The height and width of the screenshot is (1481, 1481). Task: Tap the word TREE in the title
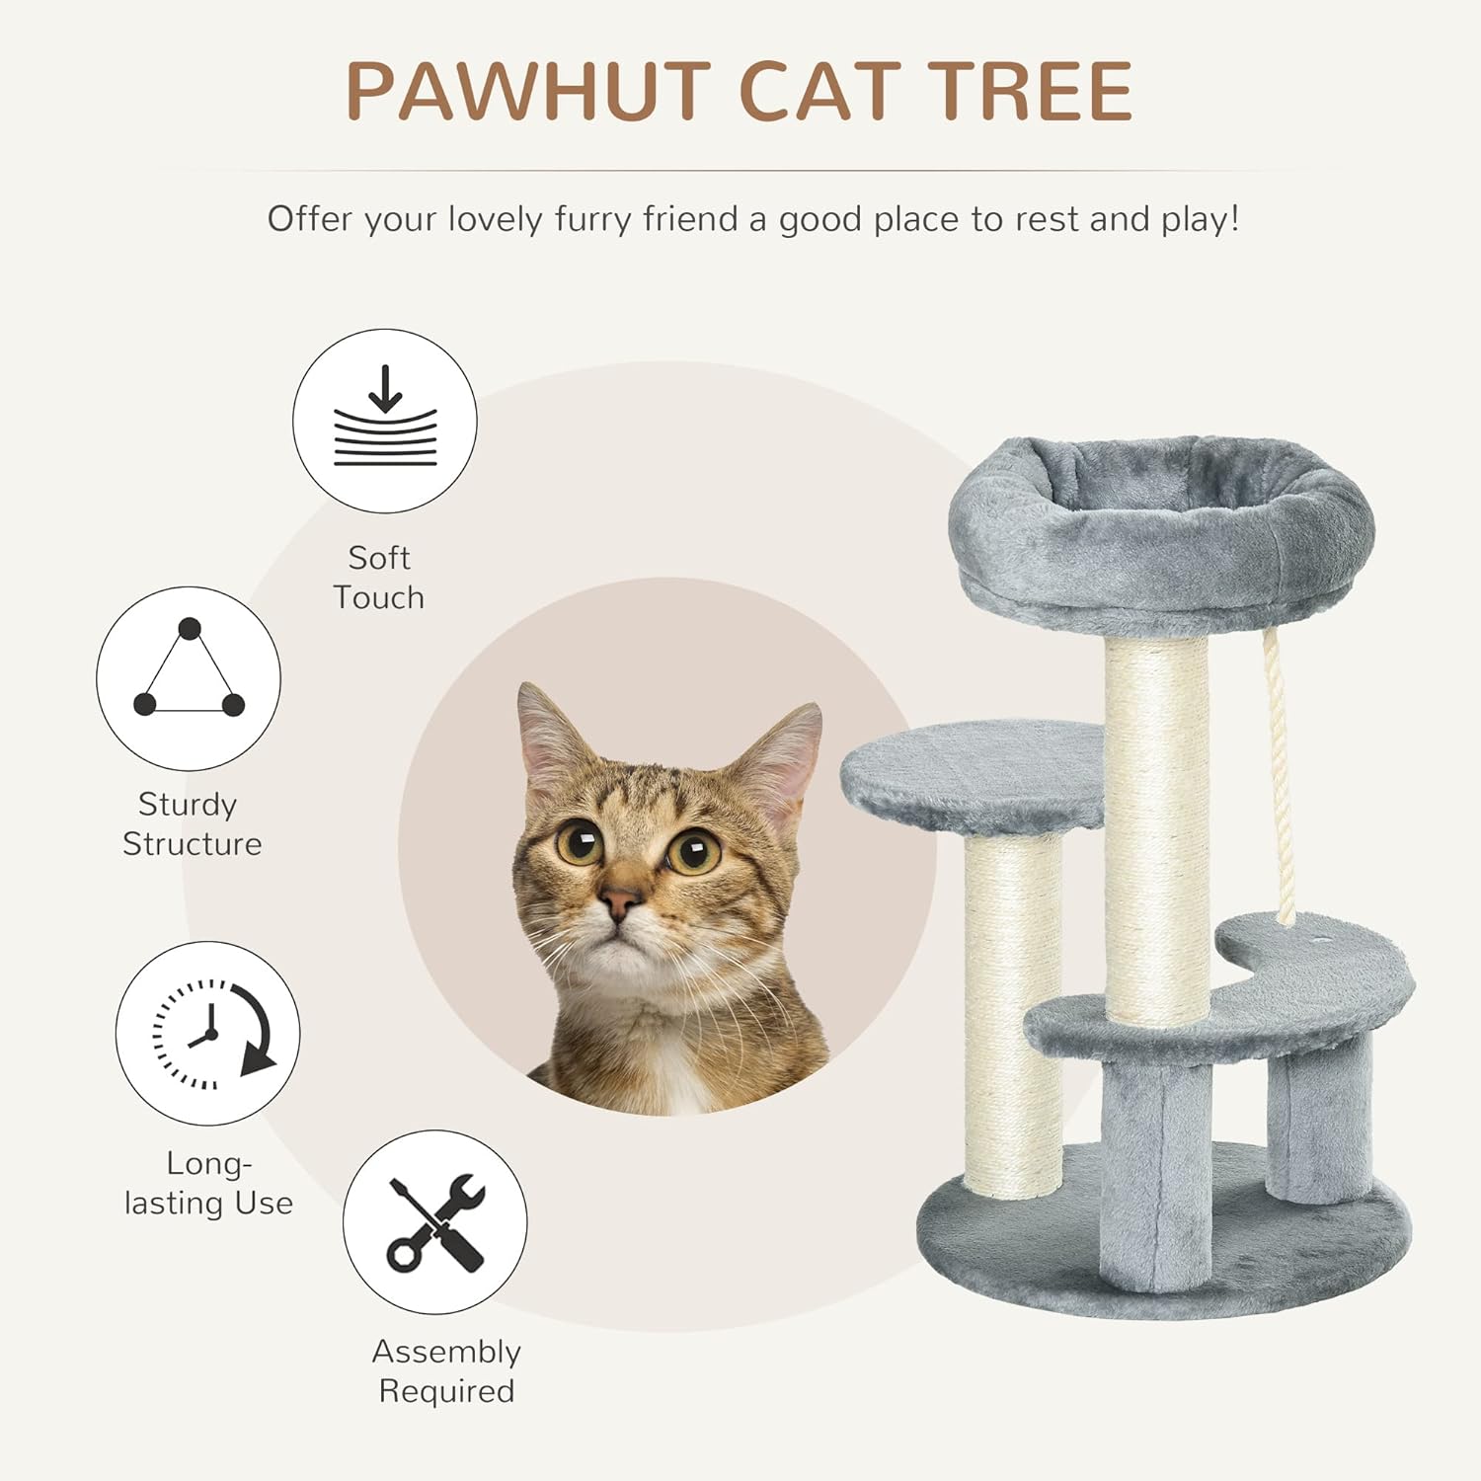[1029, 91]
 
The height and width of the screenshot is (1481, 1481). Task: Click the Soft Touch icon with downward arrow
[385, 421]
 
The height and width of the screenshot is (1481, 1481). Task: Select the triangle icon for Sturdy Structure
[189, 678]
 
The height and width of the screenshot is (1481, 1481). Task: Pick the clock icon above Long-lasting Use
[208, 1033]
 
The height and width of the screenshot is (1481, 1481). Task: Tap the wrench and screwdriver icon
[435, 1222]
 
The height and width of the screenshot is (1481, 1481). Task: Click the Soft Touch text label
[379, 578]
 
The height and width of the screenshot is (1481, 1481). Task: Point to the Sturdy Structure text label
[192, 824]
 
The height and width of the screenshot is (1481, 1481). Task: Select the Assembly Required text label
[446, 1370]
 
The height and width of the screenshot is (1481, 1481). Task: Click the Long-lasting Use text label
[208, 1183]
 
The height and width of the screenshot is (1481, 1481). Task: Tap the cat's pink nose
[620, 900]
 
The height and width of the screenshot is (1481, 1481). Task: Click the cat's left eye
[580, 842]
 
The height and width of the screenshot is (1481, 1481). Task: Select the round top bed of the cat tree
[1161, 534]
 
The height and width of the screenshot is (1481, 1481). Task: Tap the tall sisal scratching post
[1157, 829]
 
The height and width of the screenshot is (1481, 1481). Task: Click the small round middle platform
[973, 775]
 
